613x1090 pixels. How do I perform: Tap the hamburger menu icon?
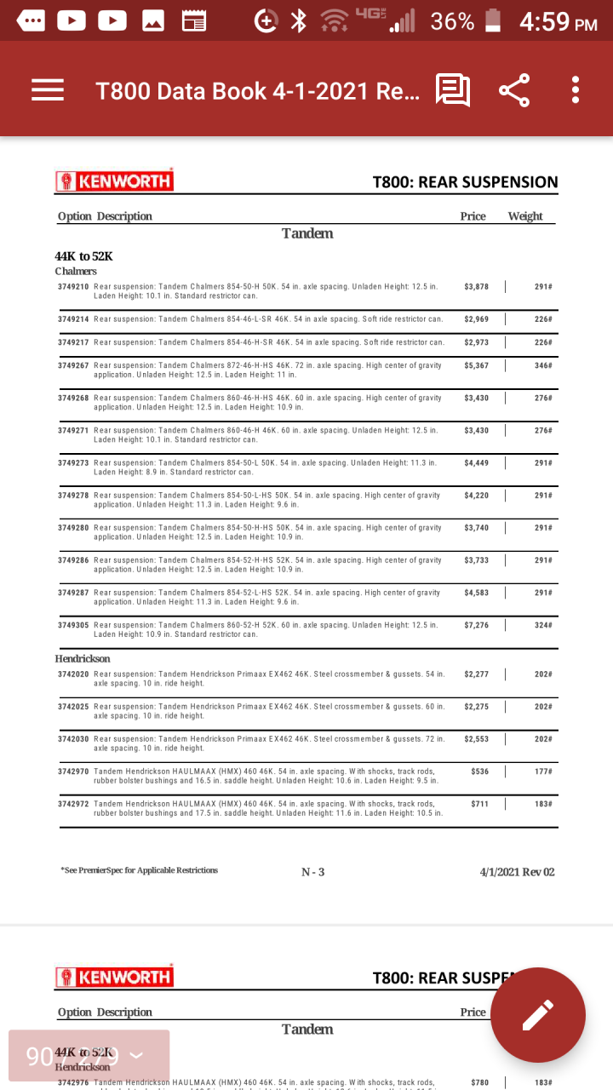point(48,90)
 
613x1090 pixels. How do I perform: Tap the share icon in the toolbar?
point(513,90)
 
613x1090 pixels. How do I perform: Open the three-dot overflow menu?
point(576,90)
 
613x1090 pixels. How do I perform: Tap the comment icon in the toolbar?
point(452,90)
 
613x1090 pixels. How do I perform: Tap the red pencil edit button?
point(538,1014)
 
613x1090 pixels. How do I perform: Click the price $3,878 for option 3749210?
point(477,287)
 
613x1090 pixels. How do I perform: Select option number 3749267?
point(73,365)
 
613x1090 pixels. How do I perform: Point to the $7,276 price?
point(477,625)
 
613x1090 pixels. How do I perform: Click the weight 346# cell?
point(543,365)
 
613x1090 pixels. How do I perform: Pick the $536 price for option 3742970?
point(479,772)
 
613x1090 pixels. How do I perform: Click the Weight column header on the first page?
point(525,216)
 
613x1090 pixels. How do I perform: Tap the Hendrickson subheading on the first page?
point(83,658)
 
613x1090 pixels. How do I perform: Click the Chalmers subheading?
point(76,271)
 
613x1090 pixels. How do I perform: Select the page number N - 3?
point(312,872)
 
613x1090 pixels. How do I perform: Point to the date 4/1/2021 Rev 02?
point(517,872)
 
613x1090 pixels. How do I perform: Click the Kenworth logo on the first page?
point(114,181)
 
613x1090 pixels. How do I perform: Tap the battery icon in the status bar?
point(492,21)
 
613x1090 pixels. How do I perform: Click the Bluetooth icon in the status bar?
point(298,21)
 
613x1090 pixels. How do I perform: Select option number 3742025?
point(73,707)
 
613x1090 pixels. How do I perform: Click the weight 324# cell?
point(543,625)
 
